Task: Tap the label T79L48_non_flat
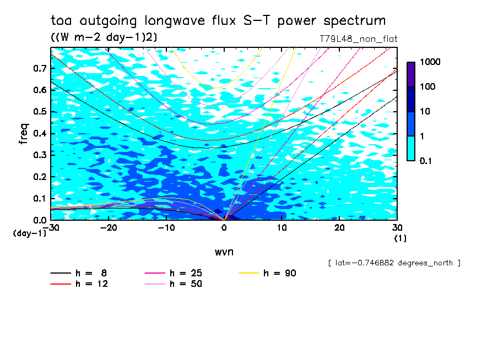(x=358, y=39)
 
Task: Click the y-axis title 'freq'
(x=24, y=134)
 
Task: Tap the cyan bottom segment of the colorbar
(x=411, y=148)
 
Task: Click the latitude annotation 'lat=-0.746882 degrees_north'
(x=394, y=263)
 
